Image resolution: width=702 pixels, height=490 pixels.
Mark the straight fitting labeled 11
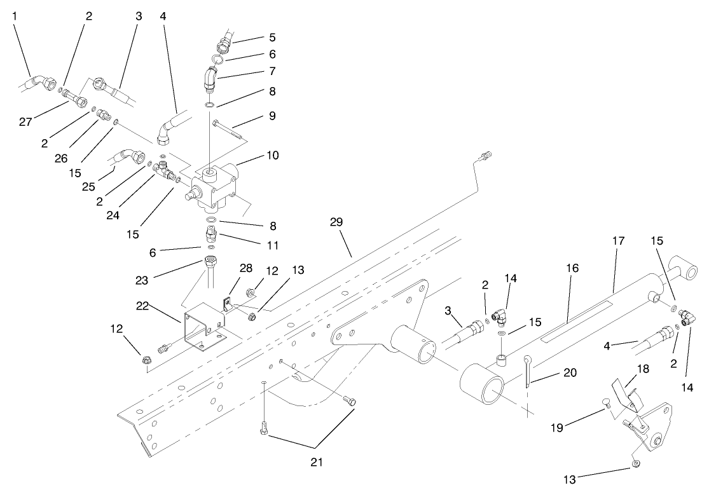coord(211,235)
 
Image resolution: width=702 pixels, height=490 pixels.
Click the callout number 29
coord(336,222)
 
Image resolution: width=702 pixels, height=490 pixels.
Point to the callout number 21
coord(316,463)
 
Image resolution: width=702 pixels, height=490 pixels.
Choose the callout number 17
coord(618,241)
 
